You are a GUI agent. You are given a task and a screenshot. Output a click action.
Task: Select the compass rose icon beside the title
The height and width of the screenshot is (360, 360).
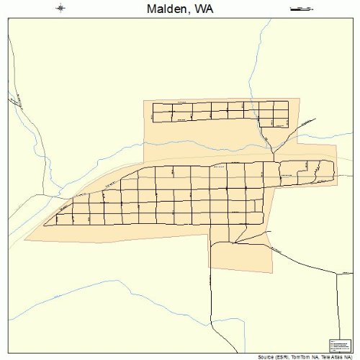point(60,8)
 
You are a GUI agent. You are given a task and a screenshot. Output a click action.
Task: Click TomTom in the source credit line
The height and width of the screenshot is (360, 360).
point(302,356)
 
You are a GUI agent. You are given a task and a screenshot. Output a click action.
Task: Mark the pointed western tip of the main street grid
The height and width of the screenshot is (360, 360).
point(45,225)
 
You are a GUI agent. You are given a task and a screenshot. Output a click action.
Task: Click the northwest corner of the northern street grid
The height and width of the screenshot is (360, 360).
point(153,103)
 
